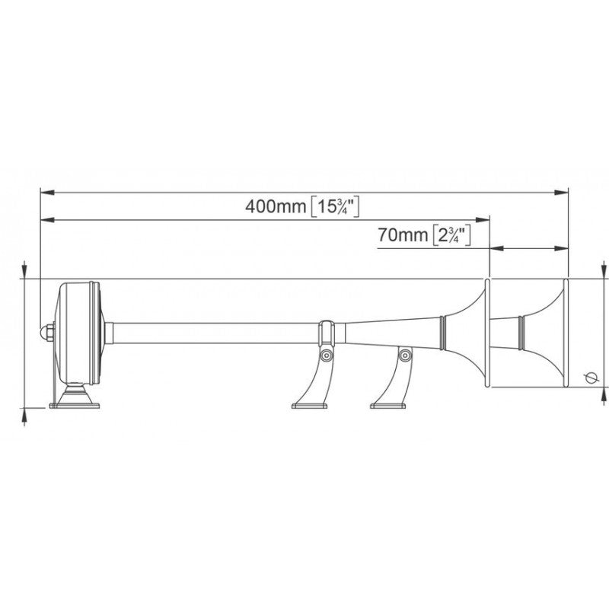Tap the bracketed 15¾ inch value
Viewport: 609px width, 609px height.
(x=336, y=206)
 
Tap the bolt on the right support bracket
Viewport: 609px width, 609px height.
(x=406, y=354)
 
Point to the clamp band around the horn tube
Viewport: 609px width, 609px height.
(x=327, y=332)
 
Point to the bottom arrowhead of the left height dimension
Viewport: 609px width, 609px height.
(x=27, y=411)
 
